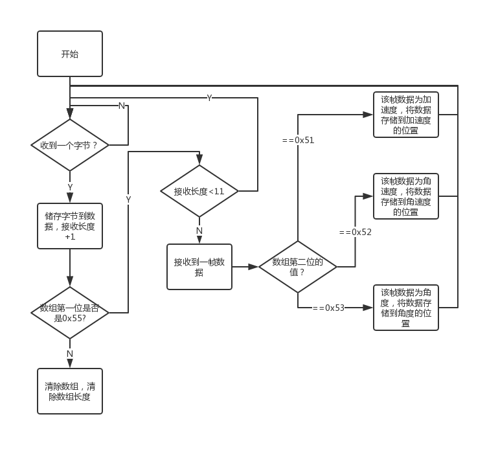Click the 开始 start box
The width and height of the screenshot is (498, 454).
click(70, 54)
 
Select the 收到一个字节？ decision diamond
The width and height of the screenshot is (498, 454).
click(70, 145)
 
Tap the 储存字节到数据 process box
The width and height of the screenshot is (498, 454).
click(70, 226)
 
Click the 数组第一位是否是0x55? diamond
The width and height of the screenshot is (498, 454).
click(70, 313)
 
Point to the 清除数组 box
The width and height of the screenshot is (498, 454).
click(70, 391)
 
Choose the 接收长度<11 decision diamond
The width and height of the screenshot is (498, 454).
click(199, 191)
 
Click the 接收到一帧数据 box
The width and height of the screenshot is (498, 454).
click(199, 267)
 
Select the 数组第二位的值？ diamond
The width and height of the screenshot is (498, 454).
click(298, 266)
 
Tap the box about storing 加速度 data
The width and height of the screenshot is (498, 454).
click(406, 115)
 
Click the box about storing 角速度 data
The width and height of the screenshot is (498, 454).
click(406, 196)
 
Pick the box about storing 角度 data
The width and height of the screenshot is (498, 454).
click(406, 308)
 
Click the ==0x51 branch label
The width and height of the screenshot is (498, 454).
click(298, 140)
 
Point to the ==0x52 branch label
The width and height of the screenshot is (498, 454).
click(355, 232)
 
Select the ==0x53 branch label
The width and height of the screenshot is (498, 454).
click(328, 308)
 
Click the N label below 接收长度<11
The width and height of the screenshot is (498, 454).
click(199, 231)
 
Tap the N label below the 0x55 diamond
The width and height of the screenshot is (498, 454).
click(70, 354)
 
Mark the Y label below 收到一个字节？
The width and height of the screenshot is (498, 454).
click(70, 187)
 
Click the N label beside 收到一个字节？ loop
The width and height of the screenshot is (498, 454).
click(122, 106)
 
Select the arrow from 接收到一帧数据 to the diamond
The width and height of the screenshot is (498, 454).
click(245, 266)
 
